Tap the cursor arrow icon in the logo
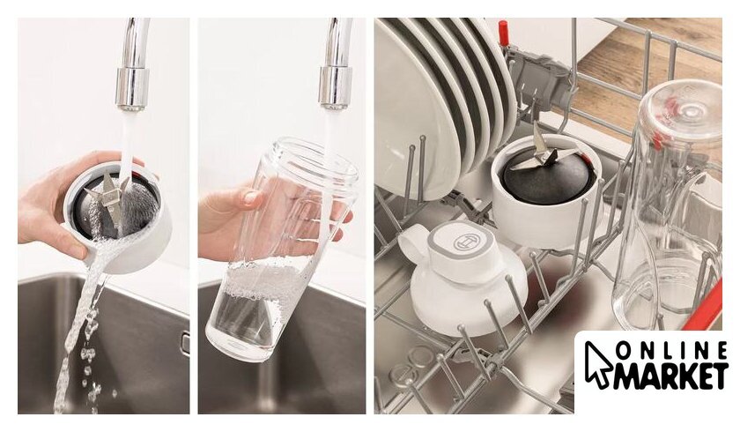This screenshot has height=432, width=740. click(597, 364)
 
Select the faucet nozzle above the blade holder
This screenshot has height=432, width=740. click(131, 89)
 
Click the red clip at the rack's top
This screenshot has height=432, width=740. click(504, 32)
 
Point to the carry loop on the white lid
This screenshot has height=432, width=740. click(413, 242)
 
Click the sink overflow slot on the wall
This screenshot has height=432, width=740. click(186, 343)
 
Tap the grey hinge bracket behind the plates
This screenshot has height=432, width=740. click(538, 78)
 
